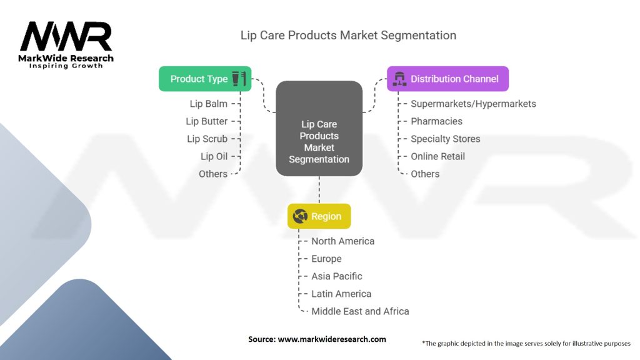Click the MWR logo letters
pyautogui.click(x=66, y=36)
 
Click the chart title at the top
pyautogui.click(x=348, y=36)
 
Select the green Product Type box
pyautogui.click(x=205, y=79)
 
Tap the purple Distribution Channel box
pyautogui.click(x=447, y=79)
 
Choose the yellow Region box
pyautogui.click(x=319, y=216)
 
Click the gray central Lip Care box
pyautogui.click(x=319, y=128)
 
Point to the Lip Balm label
pyautogui.click(x=209, y=104)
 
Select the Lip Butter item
pyautogui.click(x=206, y=121)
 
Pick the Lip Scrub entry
pyautogui.click(x=207, y=139)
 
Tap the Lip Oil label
pyautogui.click(x=214, y=156)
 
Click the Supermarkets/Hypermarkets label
pyautogui.click(x=474, y=104)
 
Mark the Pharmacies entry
pyautogui.click(x=437, y=121)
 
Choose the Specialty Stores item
pyautogui.click(x=446, y=139)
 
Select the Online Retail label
pyautogui.click(x=438, y=156)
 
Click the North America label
pyautogui.click(x=343, y=241)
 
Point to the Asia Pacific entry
pyautogui.click(x=337, y=276)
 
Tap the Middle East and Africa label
pyautogui.click(x=361, y=311)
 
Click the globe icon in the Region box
pyautogui.click(x=300, y=216)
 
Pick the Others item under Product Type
pyautogui.click(x=213, y=174)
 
